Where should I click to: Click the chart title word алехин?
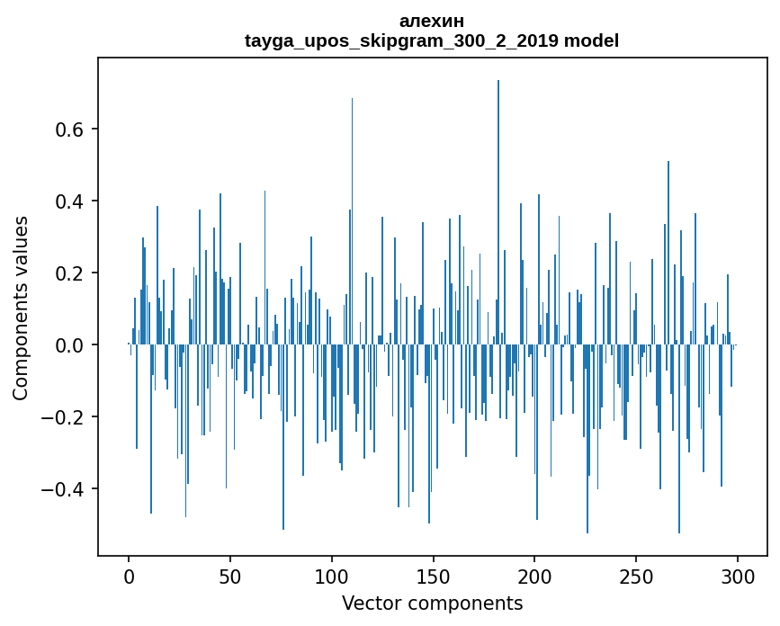(432, 22)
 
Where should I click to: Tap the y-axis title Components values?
(22, 308)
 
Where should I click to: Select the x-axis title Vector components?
(432, 604)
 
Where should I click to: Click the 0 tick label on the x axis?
(129, 576)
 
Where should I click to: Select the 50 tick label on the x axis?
(230, 576)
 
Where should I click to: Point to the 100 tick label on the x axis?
(332, 576)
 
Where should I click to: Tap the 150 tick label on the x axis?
(433, 576)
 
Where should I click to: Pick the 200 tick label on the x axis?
(534, 576)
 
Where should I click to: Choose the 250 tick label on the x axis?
(636, 576)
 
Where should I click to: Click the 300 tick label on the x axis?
(738, 576)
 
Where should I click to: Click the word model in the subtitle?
(591, 41)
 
